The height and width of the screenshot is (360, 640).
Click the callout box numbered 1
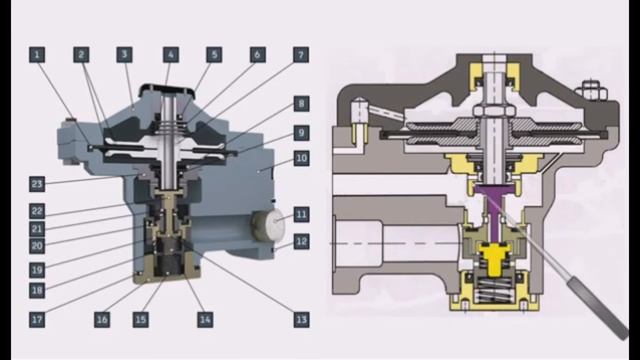(x=37, y=55)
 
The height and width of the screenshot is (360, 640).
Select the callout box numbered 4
(x=171, y=55)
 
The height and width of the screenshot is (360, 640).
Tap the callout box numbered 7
(x=301, y=55)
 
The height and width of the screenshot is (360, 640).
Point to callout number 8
(x=301, y=104)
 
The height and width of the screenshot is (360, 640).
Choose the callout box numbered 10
(x=301, y=158)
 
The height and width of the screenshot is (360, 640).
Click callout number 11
(x=301, y=214)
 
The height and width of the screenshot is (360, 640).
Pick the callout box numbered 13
(x=301, y=320)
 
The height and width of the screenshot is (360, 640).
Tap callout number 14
(x=205, y=320)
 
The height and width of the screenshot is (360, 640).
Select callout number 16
(x=102, y=320)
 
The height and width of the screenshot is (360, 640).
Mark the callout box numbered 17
(x=37, y=320)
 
